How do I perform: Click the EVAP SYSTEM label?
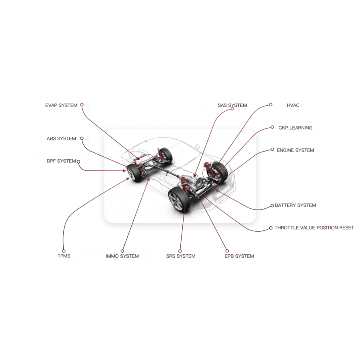pyautogui.click(x=61, y=105)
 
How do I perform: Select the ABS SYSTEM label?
pyautogui.click(x=61, y=139)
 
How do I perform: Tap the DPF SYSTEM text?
pyautogui.click(x=61, y=161)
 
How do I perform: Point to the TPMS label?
pyautogui.click(x=64, y=256)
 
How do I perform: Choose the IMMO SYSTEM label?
pyautogui.click(x=122, y=256)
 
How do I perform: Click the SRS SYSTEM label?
pyautogui.click(x=181, y=256)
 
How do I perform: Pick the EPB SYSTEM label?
pyautogui.click(x=239, y=256)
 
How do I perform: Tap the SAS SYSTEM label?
pyautogui.click(x=232, y=105)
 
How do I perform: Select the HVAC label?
pyautogui.click(x=293, y=105)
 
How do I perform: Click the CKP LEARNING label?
pyautogui.click(x=296, y=128)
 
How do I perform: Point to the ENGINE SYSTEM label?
pyautogui.click(x=296, y=150)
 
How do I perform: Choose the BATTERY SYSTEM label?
pyautogui.click(x=296, y=205)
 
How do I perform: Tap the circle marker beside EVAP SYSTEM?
pyautogui.click(x=82, y=105)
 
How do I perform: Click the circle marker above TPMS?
pyautogui.click(x=64, y=251)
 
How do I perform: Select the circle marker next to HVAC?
pyautogui.click(x=271, y=105)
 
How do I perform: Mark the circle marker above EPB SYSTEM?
pyautogui.click(x=227, y=251)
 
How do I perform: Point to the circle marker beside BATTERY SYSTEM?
pyautogui.click(x=272, y=206)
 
